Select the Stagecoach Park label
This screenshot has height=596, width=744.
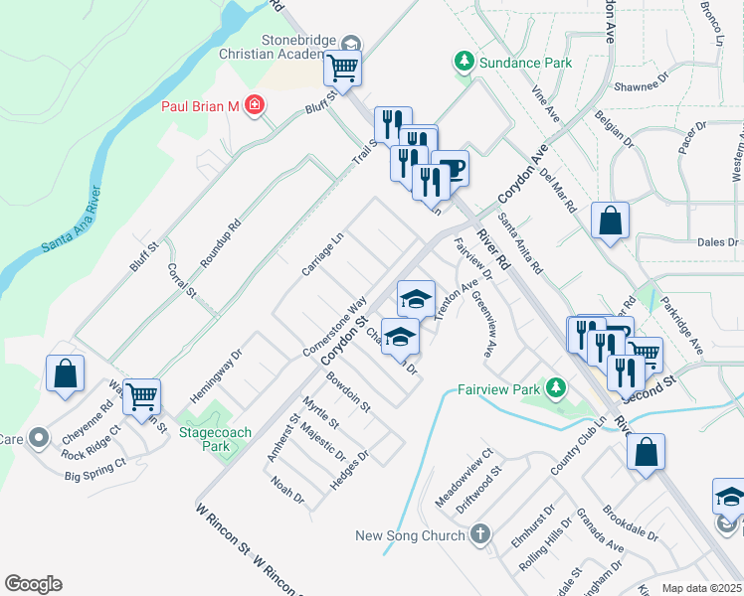[216, 439]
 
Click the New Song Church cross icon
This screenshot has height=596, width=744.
[480, 535]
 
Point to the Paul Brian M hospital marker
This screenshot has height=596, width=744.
[256, 104]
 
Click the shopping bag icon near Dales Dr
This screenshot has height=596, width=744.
[609, 222]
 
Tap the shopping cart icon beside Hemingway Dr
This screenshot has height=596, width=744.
[141, 395]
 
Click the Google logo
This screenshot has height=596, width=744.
[33, 584]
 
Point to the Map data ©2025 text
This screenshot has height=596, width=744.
[701, 588]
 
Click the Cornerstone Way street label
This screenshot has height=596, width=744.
[335, 328]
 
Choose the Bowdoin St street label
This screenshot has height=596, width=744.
[348, 392]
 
